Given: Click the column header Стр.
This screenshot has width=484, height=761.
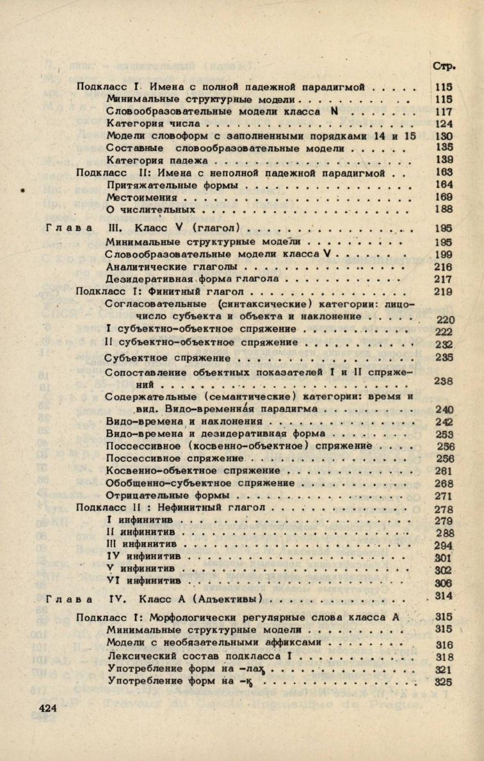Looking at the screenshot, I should (x=443, y=65).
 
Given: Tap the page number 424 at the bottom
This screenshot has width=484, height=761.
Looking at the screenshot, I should (x=49, y=708).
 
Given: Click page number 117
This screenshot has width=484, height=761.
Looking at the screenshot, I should (x=444, y=111).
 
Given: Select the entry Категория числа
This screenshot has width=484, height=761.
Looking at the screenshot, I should (x=154, y=124).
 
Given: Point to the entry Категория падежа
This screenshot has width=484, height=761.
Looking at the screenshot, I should (x=157, y=160).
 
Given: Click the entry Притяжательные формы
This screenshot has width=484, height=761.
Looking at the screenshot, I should (x=172, y=185).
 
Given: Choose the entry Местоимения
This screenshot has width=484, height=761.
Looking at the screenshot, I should (x=141, y=197).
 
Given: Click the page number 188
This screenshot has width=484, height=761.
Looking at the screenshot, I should (x=444, y=209).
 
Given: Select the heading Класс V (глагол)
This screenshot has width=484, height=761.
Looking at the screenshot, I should (x=187, y=228).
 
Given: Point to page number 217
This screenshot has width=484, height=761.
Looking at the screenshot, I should (x=444, y=279).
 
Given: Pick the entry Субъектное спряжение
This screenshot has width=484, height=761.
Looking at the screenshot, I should (x=168, y=357).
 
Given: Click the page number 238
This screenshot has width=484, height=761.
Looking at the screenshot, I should (x=444, y=381).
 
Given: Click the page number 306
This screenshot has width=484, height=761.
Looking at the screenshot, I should (x=443, y=583).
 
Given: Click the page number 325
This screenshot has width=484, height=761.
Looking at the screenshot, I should (x=443, y=682).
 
